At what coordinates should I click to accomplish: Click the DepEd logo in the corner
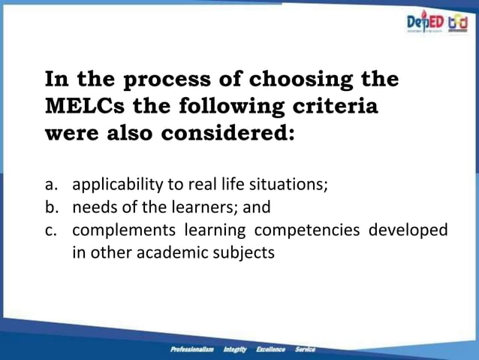tap(424, 23)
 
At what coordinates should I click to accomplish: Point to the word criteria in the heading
tap(334, 106)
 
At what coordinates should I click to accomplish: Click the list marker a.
tap(52, 184)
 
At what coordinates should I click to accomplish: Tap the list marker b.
tap(52, 207)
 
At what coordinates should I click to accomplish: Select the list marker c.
tap(52, 230)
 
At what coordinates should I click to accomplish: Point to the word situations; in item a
tap(292, 184)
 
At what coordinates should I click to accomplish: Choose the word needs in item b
tap(94, 207)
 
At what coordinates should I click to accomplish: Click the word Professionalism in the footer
tap(192, 349)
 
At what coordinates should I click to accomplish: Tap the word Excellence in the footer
tap(270, 349)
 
